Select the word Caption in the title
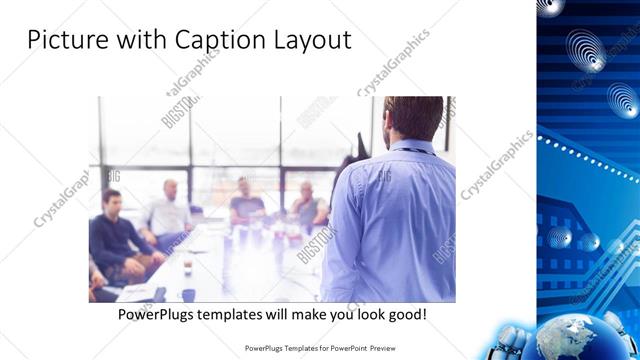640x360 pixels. [219, 41]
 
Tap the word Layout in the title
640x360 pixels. [308, 41]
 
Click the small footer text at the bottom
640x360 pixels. [321, 348]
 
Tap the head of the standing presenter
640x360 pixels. [412, 119]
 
